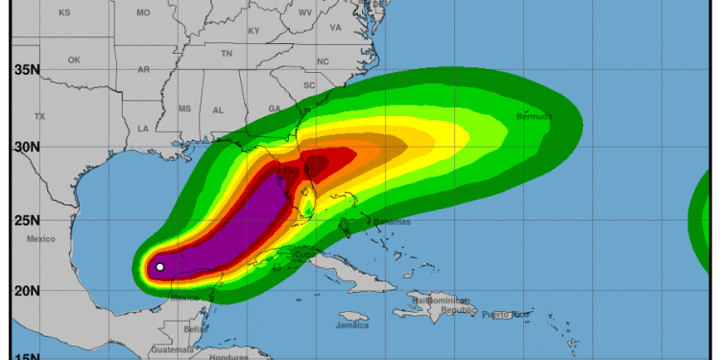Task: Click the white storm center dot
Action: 160,267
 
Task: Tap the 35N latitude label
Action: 27,69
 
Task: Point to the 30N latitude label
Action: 27,147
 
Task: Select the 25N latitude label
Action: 27,221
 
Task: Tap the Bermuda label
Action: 535,117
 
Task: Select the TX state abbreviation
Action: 39,116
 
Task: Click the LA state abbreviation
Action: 143,128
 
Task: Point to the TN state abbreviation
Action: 227,54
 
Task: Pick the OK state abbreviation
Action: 74,60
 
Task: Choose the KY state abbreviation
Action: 253,31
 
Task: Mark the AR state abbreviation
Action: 144,69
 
